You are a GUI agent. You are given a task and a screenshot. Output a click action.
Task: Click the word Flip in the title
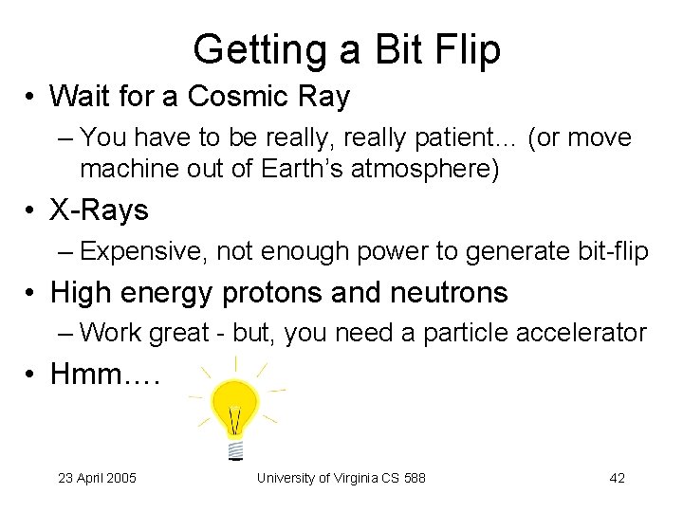tap(465, 49)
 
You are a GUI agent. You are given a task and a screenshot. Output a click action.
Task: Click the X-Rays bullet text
tap(100, 210)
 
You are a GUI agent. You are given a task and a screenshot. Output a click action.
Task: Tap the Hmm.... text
tap(104, 375)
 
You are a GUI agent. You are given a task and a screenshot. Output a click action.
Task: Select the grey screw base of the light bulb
tap(235, 448)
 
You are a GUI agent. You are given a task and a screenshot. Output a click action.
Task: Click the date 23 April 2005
tap(97, 478)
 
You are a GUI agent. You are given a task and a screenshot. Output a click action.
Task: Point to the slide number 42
tap(617, 478)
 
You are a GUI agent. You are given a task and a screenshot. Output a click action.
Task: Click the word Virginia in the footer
tap(352, 478)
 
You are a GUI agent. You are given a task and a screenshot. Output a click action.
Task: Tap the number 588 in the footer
tap(415, 478)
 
